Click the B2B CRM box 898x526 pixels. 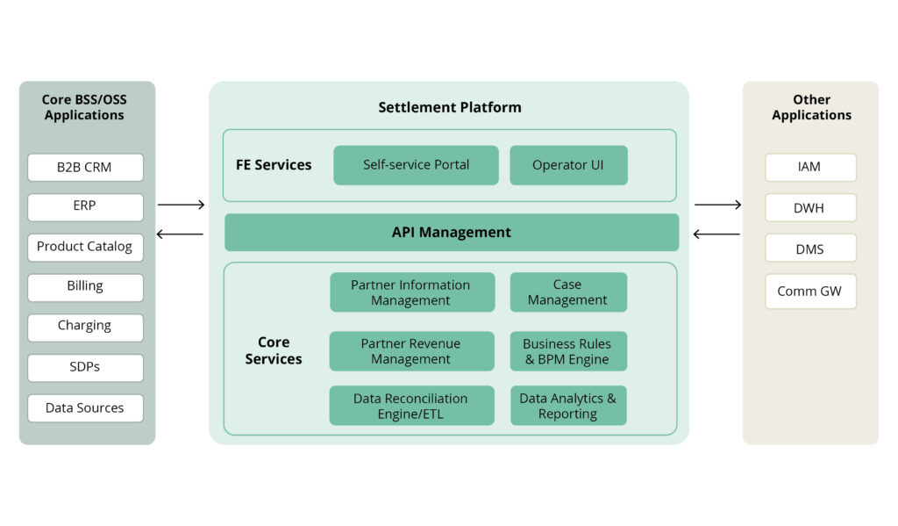pyautogui.click(x=85, y=167)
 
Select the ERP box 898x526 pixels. pyautogui.click(x=85, y=207)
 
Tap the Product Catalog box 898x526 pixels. pyautogui.click(x=85, y=247)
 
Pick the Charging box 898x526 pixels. pyautogui.click(x=85, y=327)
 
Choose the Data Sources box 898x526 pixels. pyautogui.click(x=85, y=408)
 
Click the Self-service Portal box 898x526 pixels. pyautogui.click(x=416, y=165)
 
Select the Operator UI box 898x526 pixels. pyautogui.click(x=568, y=165)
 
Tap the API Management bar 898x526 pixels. pyautogui.click(x=451, y=233)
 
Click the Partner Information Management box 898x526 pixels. pyautogui.click(x=411, y=292)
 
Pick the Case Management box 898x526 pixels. pyautogui.click(x=567, y=292)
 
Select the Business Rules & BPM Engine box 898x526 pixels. pyautogui.click(x=567, y=351)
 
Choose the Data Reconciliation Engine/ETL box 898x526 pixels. pyautogui.click(x=411, y=406)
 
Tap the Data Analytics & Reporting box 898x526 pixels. pyautogui.click(x=567, y=406)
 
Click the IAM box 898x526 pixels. pyautogui.click(x=810, y=167)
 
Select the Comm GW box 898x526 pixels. pyautogui.click(x=810, y=292)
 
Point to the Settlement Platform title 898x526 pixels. pyautogui.click(x=449, y=107)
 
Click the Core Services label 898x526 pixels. pyautogui.click(x=274, y=350)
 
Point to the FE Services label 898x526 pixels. pyautogui.click(x=274, y=165)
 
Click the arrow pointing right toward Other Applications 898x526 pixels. pyautogui.click(x=717, y=205)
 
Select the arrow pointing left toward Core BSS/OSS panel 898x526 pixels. pyautogui.click(x=180, y=234)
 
